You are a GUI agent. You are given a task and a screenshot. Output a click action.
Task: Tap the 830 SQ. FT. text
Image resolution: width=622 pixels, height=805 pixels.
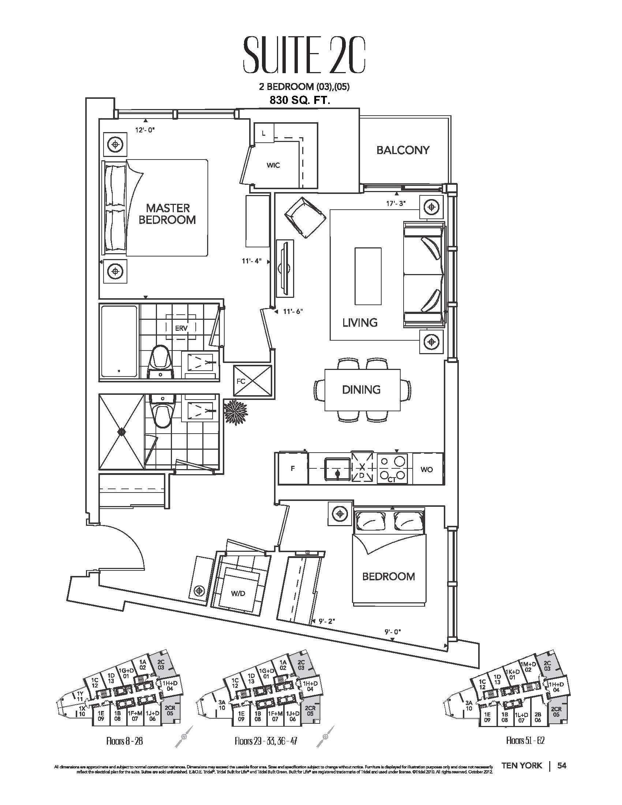pyautogui.click(x=300, y=100)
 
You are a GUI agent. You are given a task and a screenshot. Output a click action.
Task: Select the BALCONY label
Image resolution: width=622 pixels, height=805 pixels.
pyautogui.click(x=403, y=150)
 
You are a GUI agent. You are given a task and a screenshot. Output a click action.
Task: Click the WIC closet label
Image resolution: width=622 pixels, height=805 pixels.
pyautogui.click(x=273, y=165)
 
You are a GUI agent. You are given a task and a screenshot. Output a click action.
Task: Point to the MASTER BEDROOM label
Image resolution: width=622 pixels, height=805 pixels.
pyautogui.click(x=167, y=214)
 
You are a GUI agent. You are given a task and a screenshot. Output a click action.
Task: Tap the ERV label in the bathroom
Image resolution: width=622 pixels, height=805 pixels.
pyautogui.click(x=181, y=328)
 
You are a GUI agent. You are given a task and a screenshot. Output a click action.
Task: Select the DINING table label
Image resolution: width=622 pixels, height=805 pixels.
pyautogui.click(x=361, y=390)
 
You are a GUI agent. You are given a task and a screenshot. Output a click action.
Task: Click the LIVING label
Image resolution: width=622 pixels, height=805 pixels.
pyautogui.click(x=360, y=322)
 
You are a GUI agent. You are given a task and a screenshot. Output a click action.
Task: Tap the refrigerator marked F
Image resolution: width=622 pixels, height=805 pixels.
pyautogui.click(x=293, y=469)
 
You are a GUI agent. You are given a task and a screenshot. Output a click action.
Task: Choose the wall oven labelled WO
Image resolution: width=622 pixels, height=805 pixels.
pyautogui.click(x=426, y=469)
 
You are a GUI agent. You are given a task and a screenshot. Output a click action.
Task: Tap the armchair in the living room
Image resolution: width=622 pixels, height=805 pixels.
pyautogui.click(x=305, y=218)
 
